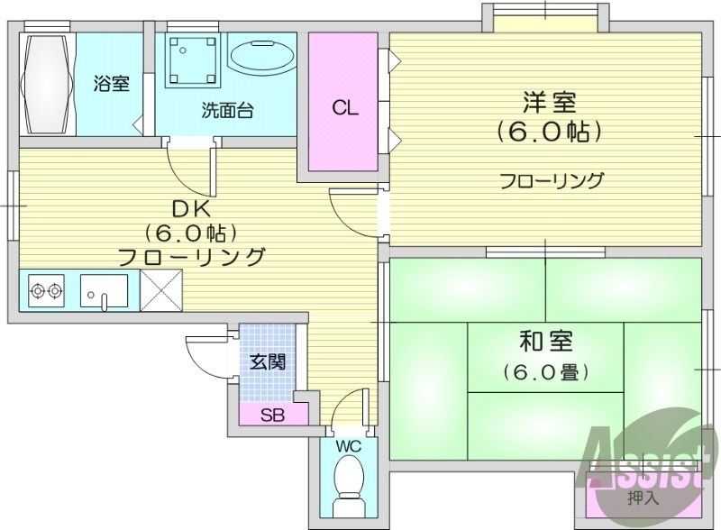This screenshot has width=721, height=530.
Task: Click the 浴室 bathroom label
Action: tap(112, 85)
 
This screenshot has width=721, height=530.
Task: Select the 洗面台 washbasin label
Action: tap(227, 111)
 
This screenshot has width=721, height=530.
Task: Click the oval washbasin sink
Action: tap(262, 57)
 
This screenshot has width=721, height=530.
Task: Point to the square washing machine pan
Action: tap(192, 59)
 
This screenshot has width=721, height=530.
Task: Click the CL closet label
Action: tap(344, 109)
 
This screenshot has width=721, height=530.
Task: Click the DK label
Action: tap(191, 208)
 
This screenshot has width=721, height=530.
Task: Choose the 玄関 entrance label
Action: tap(268, 362)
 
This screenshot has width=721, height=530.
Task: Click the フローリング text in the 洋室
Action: tap(552, 181)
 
